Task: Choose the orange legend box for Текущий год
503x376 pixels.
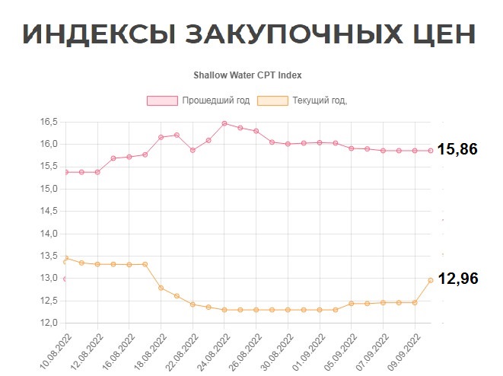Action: (x=272, y=101)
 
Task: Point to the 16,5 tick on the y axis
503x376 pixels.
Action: (x=49, y=122)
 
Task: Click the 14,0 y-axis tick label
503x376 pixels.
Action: (x=49, y=234)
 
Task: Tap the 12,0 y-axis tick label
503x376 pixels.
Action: (x=49, y=323)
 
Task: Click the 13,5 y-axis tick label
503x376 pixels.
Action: (x=49, y=256)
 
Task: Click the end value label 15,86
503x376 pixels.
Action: (x=458, y=150)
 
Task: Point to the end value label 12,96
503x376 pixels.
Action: (x=458, y=279)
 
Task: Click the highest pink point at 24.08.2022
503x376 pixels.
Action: (x=224, y=123)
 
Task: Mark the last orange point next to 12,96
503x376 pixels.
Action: (x=431, y=280)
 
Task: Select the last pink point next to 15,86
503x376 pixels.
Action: (x=431, y=151)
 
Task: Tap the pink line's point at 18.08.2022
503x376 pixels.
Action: (x=161, y=137)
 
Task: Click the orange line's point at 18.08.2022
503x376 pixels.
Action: (x=161, y=288)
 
